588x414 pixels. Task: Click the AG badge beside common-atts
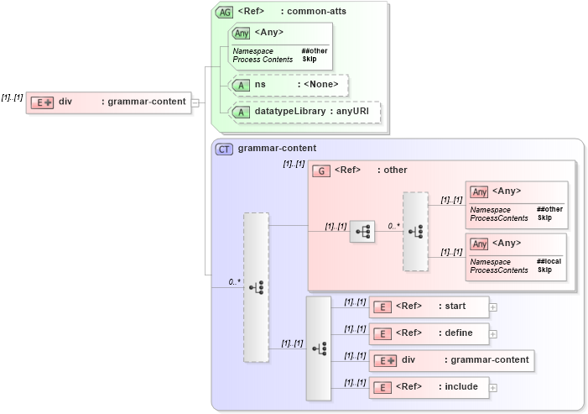click(x=225, y=12)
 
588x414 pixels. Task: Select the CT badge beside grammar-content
click(x=224, y=149)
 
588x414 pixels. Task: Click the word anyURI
click(x=352, y=112)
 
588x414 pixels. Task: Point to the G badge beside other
click(x=320, y=170)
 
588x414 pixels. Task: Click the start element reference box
click(x=429, y=307)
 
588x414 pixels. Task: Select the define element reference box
click(x=429, y=333)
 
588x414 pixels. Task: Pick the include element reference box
click(x=429, y=387)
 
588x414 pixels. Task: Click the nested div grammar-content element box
click(x=451, y=360)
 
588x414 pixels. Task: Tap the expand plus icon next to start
click(x=493, y=307)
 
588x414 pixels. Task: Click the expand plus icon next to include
click(x=493, y=387)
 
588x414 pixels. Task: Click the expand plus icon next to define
click(x=493, y=333)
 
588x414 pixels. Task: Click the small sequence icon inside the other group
click(x=362, y=232)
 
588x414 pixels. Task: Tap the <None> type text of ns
click(x=322, y=85)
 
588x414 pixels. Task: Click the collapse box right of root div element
click(x=195, y=102)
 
